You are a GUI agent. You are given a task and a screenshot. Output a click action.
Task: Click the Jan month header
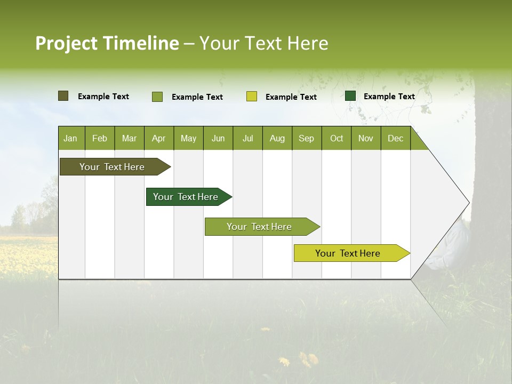tap(70, 138)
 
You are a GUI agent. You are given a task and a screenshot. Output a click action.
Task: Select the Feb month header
tap(100, 138)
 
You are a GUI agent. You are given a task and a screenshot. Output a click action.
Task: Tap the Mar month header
tap(129, 138)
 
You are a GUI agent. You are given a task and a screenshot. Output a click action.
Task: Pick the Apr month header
tap(158, 138)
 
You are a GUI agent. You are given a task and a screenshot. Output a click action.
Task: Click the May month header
tap(188, 138)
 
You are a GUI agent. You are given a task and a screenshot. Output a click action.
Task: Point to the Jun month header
tap(218, 138)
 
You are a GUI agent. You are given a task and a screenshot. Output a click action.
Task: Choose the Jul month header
tap(247, 138)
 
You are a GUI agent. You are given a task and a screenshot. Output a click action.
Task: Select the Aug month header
tap(277, 138)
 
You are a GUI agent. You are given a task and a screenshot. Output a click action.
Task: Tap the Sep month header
tap(307, 138)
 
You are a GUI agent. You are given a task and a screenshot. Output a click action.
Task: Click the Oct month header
tap(337, 138)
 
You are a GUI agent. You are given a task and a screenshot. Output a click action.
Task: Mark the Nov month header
tap(366, 138)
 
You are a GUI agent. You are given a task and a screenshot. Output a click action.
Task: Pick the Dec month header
tap(396, 138)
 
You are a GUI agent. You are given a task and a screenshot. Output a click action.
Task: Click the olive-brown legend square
tap(63, 96)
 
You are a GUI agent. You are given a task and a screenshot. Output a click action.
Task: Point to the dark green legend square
tap(350, 96)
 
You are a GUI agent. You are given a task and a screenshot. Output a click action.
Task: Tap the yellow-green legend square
tap(252, 97)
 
